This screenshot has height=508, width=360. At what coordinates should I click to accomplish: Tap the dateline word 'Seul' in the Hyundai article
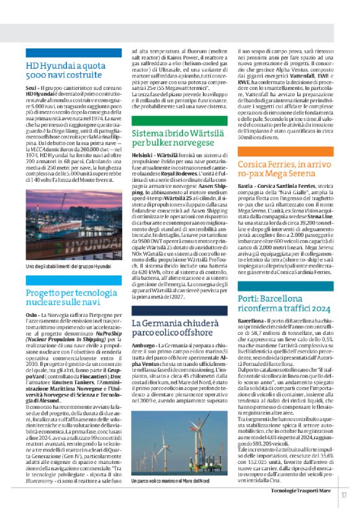click(30, 89)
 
